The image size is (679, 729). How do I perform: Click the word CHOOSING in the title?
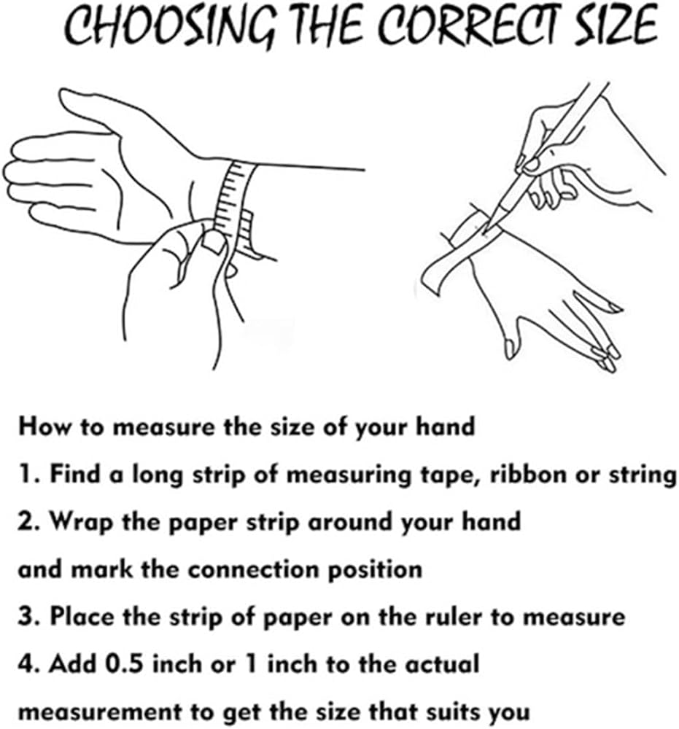pos(171,26)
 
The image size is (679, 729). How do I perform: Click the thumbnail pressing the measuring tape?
pos(214,242)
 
